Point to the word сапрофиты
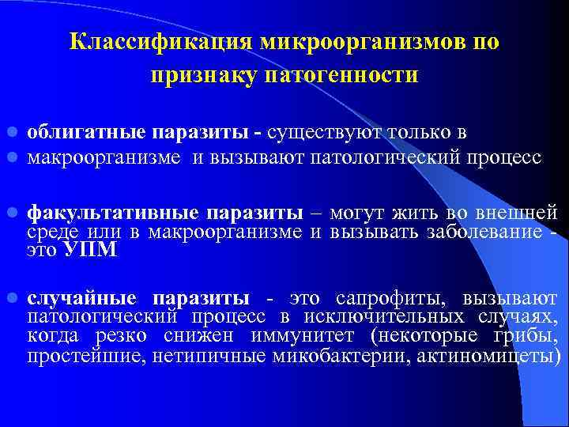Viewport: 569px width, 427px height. [381, 298]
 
